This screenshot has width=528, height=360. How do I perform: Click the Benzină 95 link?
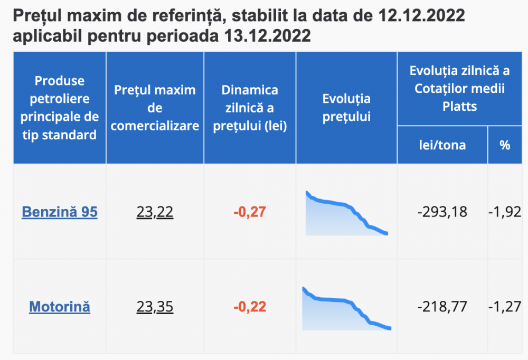[60, 212]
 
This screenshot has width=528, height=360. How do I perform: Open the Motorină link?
[60, 306]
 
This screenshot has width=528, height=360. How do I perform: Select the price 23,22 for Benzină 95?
[155, 212]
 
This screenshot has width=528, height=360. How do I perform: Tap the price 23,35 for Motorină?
[155, 306]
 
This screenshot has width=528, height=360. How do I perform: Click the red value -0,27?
[250, 212]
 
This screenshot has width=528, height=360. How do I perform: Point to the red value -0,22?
[250, 307]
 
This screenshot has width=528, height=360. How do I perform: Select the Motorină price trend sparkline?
[346, 309]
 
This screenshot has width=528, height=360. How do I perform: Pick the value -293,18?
[442, 212]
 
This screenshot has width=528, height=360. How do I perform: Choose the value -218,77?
[442, 307]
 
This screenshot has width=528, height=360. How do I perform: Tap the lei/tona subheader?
[442, 145]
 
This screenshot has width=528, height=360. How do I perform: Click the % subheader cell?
[505, 145]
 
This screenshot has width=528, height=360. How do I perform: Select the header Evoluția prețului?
[346, 108]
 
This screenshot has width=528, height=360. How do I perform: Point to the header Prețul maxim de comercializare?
[155, 108]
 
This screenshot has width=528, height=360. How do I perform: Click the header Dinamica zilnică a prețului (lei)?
[250, 108]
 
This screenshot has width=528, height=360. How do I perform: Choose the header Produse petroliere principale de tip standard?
[60, 108]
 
